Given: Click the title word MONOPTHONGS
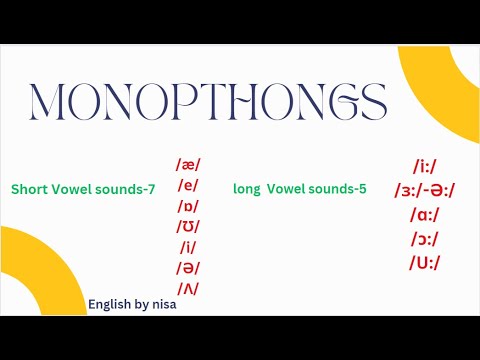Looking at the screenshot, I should (208, 102).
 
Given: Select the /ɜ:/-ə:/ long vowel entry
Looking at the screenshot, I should (426, 190).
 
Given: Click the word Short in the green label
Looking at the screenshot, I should (29, 189).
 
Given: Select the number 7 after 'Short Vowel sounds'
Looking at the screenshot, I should (151, 189).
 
